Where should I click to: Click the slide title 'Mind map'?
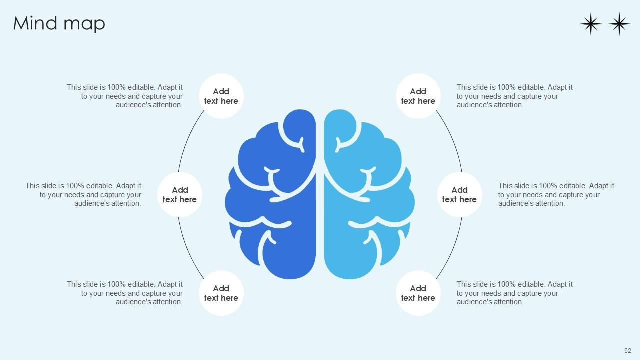[x=59, y=23]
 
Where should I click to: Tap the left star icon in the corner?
[x=590, y=24]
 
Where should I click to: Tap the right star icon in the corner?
[x=619, y=24]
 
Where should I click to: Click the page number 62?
[x=627, y=351]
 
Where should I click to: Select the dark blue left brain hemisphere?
[x=280, y=200]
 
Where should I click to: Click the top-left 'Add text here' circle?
[x=221, y=96]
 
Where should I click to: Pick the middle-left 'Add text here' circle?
[x=180, y=194]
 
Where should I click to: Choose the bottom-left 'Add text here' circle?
[x=221, y=293]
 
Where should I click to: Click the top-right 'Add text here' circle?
[x=418, y=96]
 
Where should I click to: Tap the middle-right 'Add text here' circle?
[x=459, y=194]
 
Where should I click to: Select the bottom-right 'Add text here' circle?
[x=418, y=293]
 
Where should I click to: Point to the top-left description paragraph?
[x=125, y=96]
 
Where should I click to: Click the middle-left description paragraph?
[x=83, y=194]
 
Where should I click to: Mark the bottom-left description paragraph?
[x=125, y=293]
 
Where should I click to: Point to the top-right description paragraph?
[x=514, y=96]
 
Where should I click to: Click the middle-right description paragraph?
[x=556, y=194]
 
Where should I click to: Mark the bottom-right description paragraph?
[x=514, y=293]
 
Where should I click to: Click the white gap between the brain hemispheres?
[x=320, y=210]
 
